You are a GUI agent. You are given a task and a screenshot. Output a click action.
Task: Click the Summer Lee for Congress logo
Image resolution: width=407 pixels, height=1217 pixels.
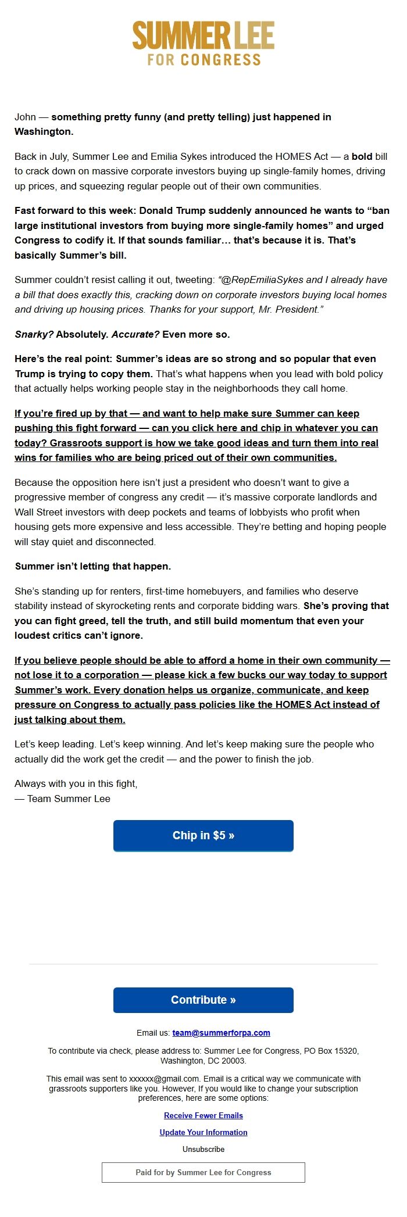point(203,44)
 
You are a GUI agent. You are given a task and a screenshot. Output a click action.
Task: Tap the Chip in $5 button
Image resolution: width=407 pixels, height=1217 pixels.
point(203,836)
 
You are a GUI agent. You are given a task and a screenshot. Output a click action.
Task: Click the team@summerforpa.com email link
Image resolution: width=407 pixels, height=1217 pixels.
point(221,1033)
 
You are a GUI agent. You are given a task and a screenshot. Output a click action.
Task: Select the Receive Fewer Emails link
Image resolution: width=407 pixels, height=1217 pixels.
point(203,1115)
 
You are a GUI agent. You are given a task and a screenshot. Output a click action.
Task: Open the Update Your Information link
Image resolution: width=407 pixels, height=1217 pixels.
point(203,1132)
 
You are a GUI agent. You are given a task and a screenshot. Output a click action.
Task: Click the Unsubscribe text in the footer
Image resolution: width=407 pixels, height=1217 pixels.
point(203,1149)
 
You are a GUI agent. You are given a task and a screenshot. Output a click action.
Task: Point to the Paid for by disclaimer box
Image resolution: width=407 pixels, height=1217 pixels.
point(203,1172)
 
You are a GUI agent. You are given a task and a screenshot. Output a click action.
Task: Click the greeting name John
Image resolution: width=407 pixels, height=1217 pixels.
point(25,117)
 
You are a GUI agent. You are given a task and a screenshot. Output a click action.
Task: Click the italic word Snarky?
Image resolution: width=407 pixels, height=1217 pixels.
point(34,334)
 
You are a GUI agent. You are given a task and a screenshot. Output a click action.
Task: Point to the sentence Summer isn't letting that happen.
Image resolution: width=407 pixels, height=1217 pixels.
point(93,566)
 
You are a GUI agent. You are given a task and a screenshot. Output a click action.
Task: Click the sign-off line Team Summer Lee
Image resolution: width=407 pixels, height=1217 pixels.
point(69,799)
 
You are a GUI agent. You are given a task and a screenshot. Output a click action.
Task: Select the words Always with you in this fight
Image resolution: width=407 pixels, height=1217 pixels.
point(76,783)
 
